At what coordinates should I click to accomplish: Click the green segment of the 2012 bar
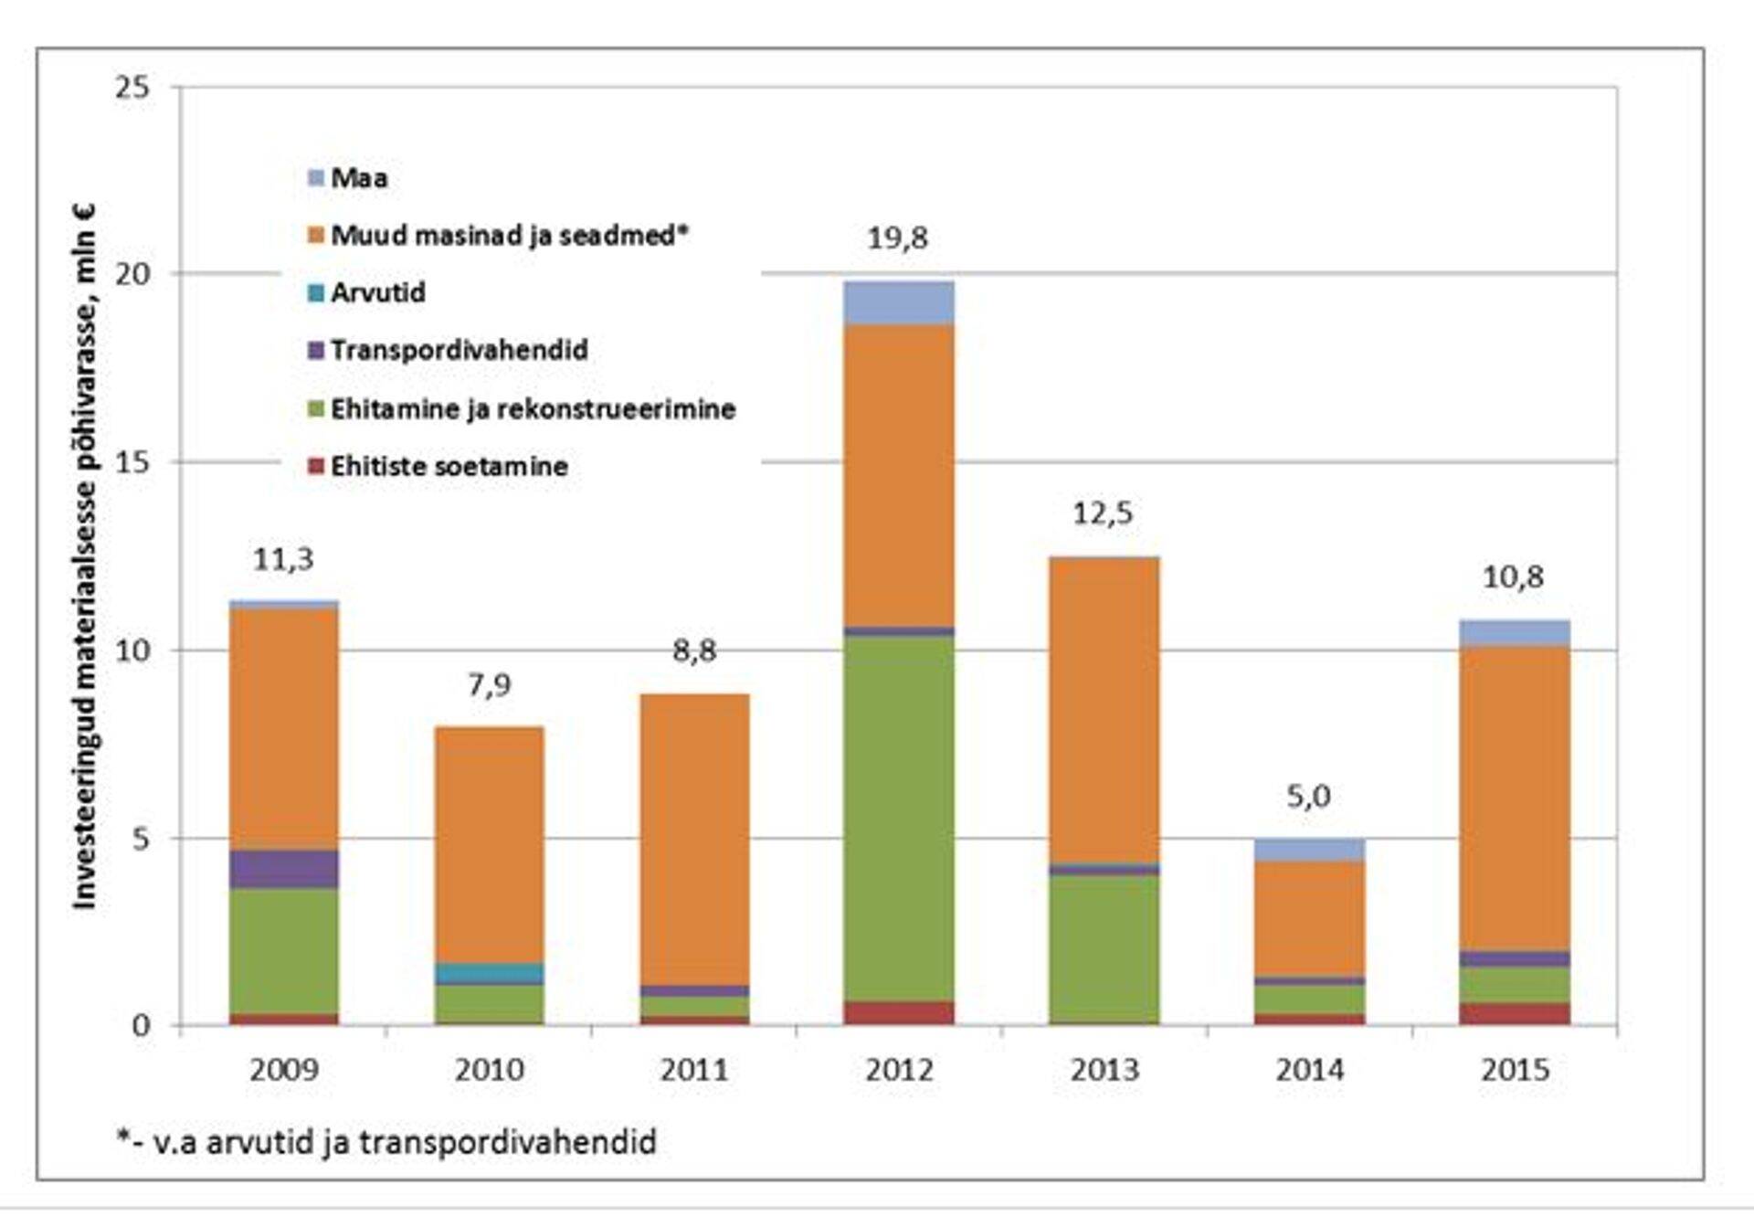point(899,818)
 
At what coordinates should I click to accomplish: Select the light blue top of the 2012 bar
point(899,302)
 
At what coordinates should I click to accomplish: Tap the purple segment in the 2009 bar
point(283,869)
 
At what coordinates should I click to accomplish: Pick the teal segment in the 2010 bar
point(489,973)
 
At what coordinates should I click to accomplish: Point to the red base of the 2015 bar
point(1514,1013)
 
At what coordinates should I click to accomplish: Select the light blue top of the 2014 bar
point(1309,850)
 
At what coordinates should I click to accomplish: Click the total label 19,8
point(897,238)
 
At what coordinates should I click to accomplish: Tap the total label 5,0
point(1308,797)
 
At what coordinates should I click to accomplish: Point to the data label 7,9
point(489,685)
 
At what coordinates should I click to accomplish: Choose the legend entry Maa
point(348,178)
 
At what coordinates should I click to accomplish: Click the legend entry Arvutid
point(366,293)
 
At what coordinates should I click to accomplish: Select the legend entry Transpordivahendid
point(448,351)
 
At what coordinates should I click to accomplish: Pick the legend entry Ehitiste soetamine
point(438,467)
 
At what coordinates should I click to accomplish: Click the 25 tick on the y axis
point(132,88)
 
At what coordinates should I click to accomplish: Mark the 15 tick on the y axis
point(132,462)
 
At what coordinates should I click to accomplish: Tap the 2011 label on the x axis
point(693,1070)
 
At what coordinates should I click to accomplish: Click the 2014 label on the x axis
point(1309,1070)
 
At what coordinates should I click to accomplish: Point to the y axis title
point(84,557)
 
